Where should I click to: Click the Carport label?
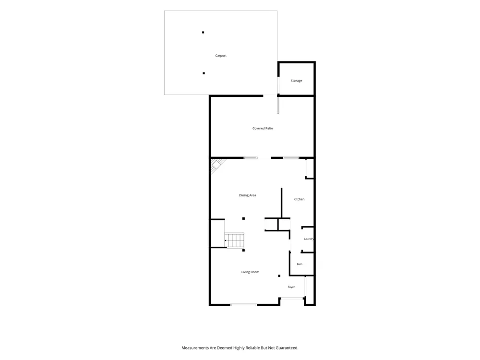[x=221, y=56]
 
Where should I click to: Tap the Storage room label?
[x=296, y=81]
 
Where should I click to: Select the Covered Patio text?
[x=263, y=128]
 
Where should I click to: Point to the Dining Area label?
[x=247, y=195]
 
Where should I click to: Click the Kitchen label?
[x=299, y=199]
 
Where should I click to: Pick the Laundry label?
[x=309, y=239]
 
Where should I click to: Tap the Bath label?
[x=300, y=264]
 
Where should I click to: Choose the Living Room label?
[x=250, y=272]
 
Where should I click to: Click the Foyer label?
[x=291, y=287]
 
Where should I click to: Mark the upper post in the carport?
[x=203, y=33]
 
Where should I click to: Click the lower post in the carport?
[x=204, y=73]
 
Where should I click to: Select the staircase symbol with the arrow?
[x=235, y=240]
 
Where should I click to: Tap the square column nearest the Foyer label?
[x=279, y=276]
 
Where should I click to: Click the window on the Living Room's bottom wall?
[x=244, y=305]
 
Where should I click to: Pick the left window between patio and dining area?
[x=251, y=158]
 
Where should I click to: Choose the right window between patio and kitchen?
[x=291, y=158]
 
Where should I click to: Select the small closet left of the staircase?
[x=217, y=233]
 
